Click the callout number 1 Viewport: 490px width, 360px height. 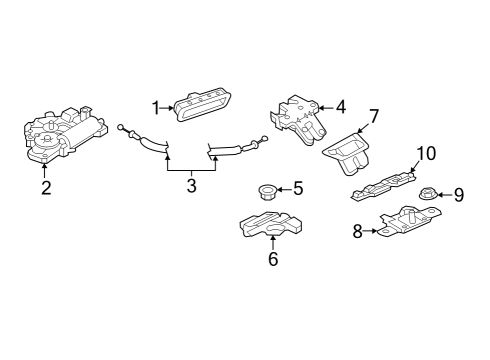pos(156,108)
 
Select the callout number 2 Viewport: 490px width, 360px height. pos(46,188)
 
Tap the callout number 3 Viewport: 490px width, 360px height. pos(191,186)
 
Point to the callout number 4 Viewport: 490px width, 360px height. pos(341,107)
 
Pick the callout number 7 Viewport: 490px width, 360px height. pos(373,116)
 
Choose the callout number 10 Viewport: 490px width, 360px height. pos(426,153)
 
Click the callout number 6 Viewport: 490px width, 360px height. pos(273,259)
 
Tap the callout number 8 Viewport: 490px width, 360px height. pos(358,231)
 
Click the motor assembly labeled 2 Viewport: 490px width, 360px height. pos(65,135)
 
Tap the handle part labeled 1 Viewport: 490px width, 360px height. pos(202,104)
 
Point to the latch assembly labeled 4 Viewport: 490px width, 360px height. pos(298,119)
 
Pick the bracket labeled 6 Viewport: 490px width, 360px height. pos(271,224)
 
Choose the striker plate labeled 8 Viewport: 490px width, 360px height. pos(408,221)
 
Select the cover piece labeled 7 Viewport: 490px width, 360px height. pos(347,153)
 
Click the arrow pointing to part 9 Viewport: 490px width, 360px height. pos(444,194)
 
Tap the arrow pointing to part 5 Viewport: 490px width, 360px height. pos(284,190)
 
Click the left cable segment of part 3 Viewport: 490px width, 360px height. pos(143,139)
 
